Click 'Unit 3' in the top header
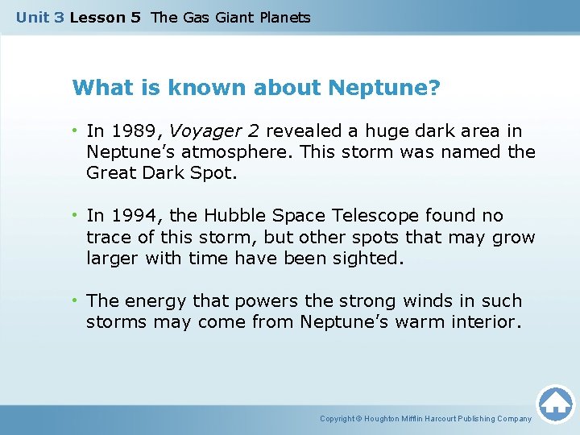point(39,18)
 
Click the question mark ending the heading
point(434,87)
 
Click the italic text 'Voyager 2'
point(213,131)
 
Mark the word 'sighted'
point(362,258)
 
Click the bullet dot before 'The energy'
point(75,301)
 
